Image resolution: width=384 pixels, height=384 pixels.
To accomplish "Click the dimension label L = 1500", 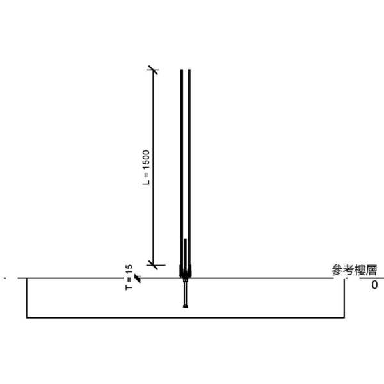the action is point(146,168).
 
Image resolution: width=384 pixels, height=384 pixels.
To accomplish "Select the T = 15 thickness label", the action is point(129,277).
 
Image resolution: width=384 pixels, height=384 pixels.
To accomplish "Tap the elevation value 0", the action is point(374,285).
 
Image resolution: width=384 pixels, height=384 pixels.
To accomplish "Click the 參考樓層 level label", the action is point(354,270).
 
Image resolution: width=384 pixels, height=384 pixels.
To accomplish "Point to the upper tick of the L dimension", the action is point(153,70).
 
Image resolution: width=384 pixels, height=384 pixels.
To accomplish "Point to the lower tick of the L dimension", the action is point(153,265).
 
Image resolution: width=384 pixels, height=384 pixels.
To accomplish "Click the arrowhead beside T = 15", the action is point(138,278).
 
